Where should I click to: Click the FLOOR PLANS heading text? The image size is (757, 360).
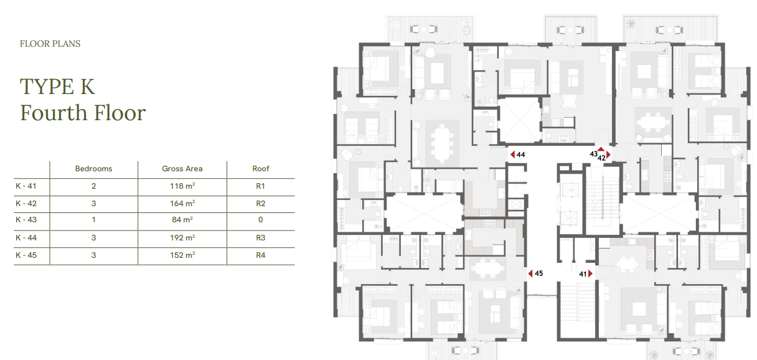[x=50, y=44]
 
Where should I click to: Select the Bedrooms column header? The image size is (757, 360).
[x=93, y=169]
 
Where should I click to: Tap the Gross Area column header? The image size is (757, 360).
[x=182, y=169]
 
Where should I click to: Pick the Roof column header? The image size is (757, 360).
[x=261, y=169]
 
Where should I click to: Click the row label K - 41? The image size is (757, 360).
[x=26, y=186]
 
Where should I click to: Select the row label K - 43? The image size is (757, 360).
[x=26, y=220]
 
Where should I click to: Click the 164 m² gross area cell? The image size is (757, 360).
[x=182, y=204]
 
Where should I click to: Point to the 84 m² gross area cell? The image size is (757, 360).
[x=182, y=220]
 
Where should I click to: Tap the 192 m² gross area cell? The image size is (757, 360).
[x=182, y=238]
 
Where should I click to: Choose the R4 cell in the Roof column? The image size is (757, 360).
[x=261, y=255]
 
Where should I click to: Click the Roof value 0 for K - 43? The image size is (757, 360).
[x=261, y=220]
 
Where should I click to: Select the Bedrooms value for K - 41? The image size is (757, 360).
[x=93, y=186]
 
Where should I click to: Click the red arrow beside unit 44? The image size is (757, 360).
[x=513, y=154]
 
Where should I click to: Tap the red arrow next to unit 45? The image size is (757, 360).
[x=530, y=273]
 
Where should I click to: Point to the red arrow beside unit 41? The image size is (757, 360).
[x=590, y=273]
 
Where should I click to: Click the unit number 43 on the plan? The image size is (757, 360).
[x=594, y=154]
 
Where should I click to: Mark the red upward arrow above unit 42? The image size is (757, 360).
[x=601, y=149]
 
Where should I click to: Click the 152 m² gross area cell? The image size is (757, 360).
[x=182, y=255]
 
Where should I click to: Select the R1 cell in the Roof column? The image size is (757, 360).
[x=261, y=186]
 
